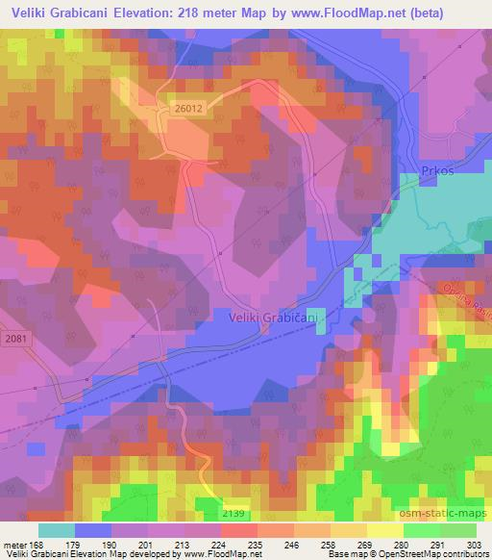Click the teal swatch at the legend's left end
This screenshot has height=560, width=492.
[56, 530]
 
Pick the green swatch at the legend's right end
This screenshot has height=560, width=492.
[458, 530]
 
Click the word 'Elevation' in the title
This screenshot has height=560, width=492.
[158, 13]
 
